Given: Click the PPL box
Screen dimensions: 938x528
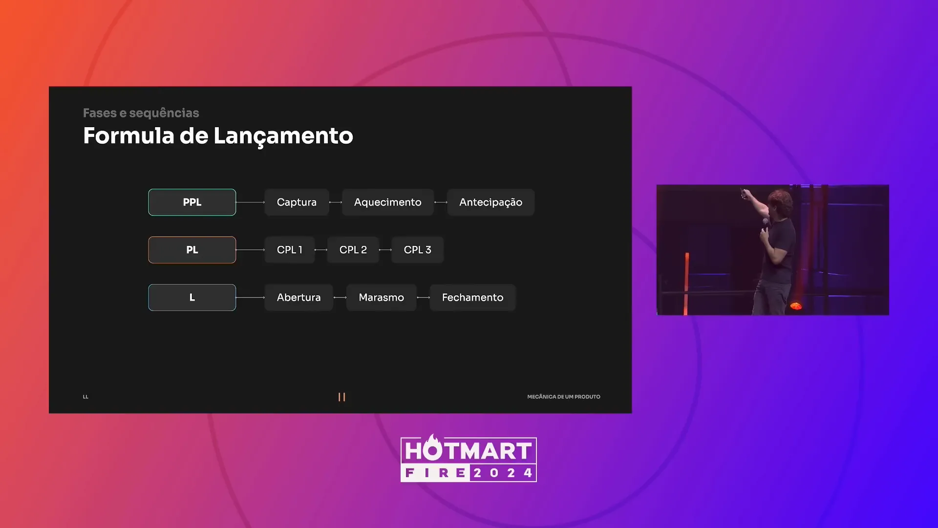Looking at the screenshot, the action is click(x=192, y=202).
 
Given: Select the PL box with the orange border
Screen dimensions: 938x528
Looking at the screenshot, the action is click(x=192, y=250).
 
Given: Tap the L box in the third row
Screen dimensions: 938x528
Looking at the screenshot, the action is click(x=192, y=297).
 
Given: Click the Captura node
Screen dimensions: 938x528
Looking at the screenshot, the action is click(x=297, y=202).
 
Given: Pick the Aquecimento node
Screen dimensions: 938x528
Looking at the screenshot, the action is click(x=387, y=202).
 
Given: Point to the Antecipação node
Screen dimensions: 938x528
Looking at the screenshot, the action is click(x=490, y=202).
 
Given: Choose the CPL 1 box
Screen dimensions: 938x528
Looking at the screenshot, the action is click(x=289, y=250).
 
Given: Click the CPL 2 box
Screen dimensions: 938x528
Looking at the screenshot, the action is click(x=353, y=250).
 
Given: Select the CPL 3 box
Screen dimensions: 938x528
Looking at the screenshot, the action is click(x=417, y=250).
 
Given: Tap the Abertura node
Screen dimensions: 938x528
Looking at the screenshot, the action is click(x=298, y=297).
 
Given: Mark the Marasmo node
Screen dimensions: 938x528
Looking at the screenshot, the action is click(x=381, y=297).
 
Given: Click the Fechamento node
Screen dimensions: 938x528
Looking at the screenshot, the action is click(x=472, y=297).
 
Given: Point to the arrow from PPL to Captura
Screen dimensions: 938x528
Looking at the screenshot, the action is click(x=250, y=202).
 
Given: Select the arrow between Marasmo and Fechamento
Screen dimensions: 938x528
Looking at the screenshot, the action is click(x=423, y=297).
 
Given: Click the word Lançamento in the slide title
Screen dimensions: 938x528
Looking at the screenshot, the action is click(x=283, y=136).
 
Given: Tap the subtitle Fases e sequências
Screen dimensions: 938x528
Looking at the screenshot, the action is click(x=141, y=113).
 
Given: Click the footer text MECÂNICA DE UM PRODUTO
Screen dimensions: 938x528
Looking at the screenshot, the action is click(x=564, y=396).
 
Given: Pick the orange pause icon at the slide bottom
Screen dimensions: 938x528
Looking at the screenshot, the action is click(x=341, y=397).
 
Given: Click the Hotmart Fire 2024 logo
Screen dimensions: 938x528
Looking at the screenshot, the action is click(x=469, y=459).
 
